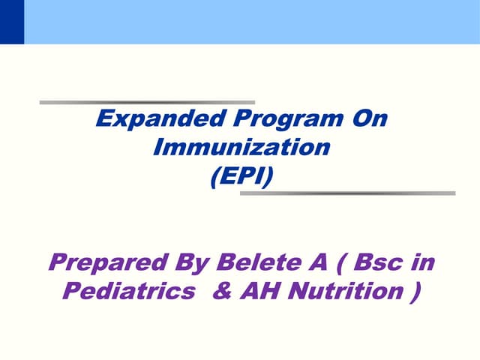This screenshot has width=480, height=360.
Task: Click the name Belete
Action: [x=253, y=263]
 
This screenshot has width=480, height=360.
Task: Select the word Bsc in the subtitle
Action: [x=375, y=263]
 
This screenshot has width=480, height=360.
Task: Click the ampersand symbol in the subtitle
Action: [x=222, y=291]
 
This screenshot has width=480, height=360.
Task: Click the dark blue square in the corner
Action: [x=12, y=22]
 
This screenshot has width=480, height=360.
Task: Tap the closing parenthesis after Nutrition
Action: [x=414, y=292]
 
